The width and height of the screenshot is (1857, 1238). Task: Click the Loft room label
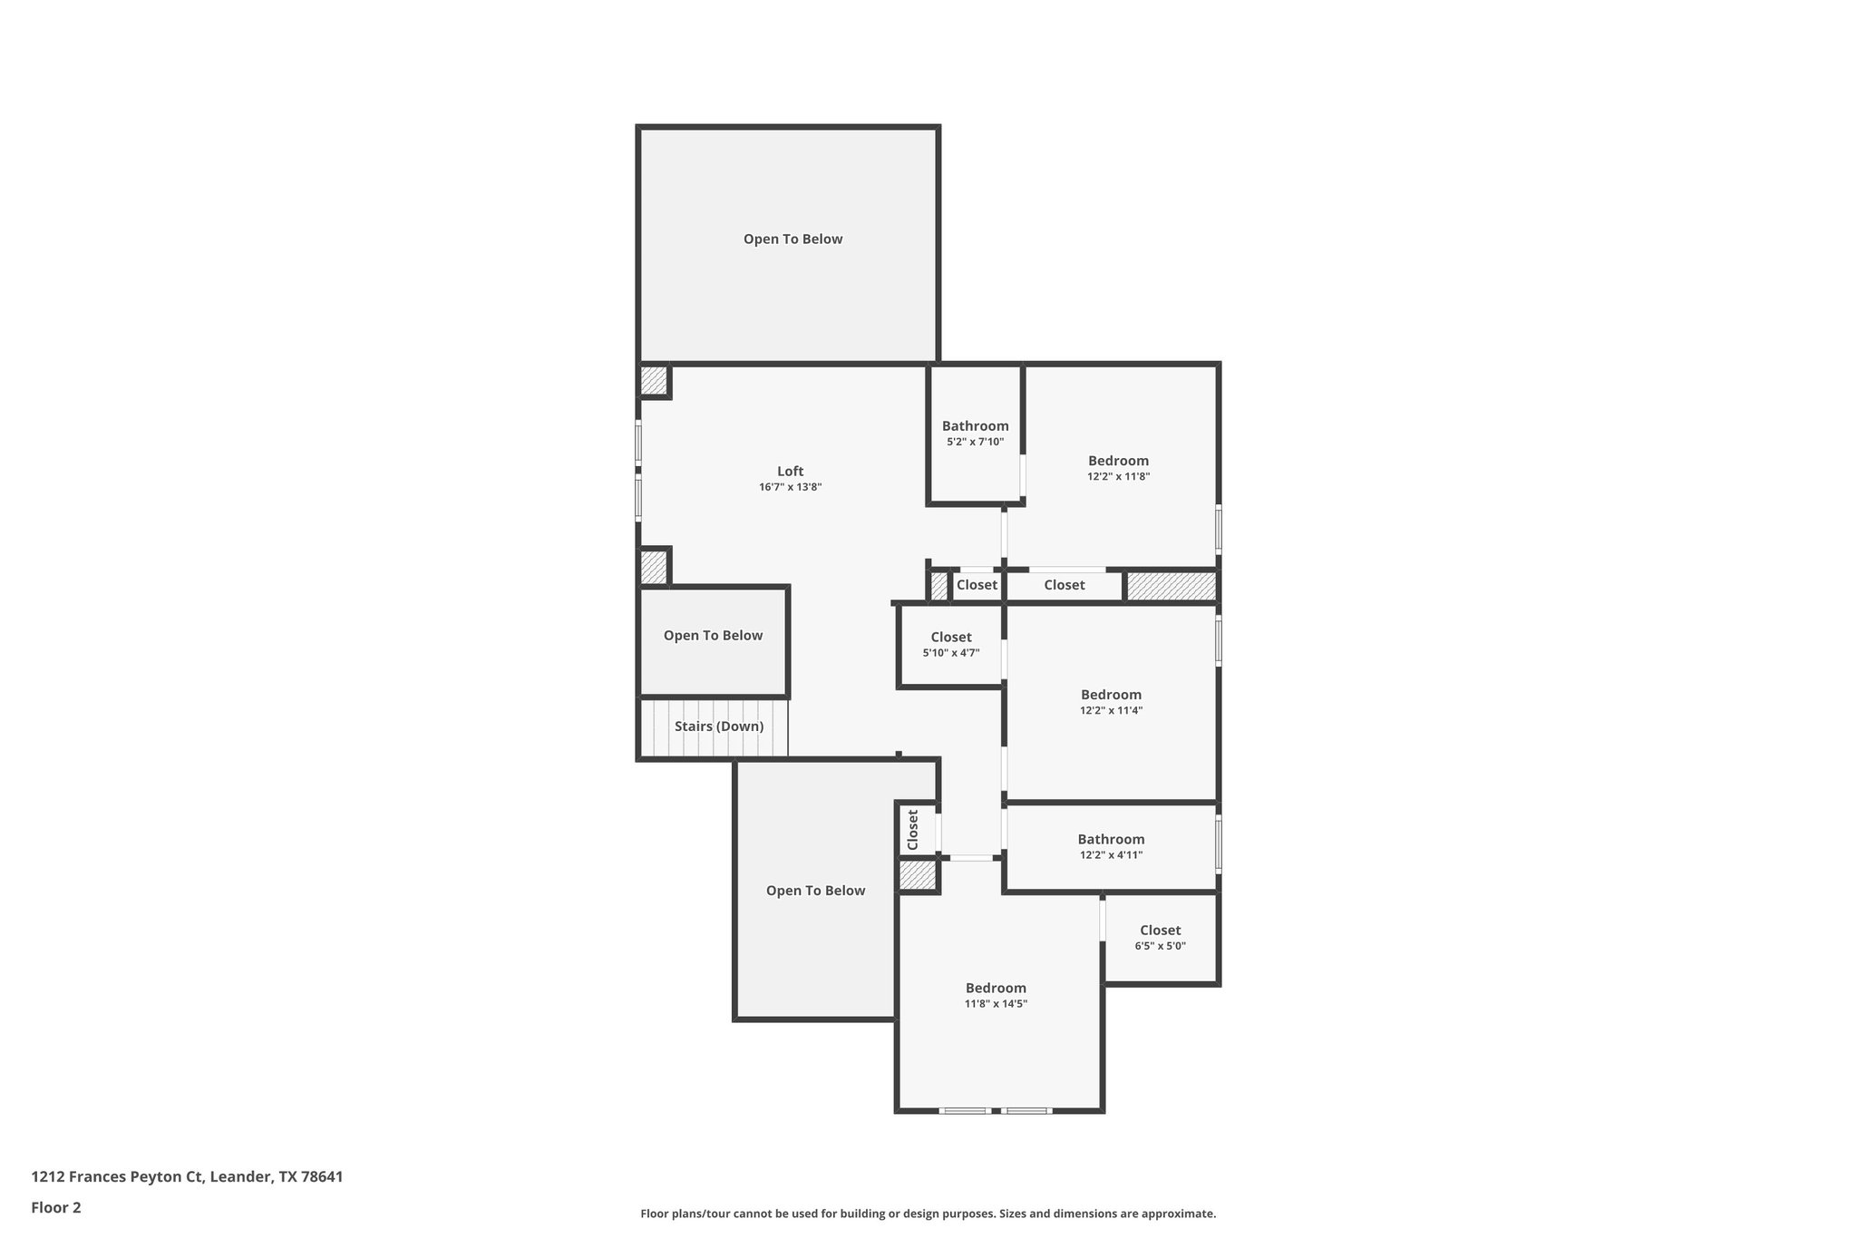[x=790, y=471]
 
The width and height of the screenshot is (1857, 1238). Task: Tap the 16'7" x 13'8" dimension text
[x=790, y=487]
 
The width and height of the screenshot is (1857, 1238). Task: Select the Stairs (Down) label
[x=718, y=726]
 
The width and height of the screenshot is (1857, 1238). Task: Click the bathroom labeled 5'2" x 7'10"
[x=975, y=433]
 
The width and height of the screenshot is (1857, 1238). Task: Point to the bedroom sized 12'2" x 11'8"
[x=1118, y=467]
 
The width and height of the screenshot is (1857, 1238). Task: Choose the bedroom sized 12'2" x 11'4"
[x=1111, y=702]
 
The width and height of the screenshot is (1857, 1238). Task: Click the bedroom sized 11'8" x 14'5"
[x=996, y=995]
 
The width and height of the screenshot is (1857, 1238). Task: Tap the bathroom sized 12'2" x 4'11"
[x=1111, y=846]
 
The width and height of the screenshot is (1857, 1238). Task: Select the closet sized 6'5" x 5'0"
[x=1160, y=937]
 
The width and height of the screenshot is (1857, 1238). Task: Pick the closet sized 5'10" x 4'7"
[x=950, y=644]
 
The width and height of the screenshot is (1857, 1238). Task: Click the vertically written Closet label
[x=913, y=829]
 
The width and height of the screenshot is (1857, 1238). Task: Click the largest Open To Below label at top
[x=792, y=239]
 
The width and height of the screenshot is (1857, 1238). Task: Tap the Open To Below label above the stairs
[x=713, y=636]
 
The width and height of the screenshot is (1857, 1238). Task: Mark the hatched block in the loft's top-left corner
[x=653, y=379]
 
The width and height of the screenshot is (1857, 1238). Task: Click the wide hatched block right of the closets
[x=1170, y=586]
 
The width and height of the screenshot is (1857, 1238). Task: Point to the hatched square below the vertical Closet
[x=916, y=876]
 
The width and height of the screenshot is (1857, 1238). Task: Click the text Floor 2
[x=56, y=1207]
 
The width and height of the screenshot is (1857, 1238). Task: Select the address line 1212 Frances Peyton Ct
[x=187, y=1176]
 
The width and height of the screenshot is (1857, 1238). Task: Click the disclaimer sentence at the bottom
[x=928, y=1214]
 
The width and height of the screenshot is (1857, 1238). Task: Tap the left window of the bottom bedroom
[x=964, y=1110]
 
